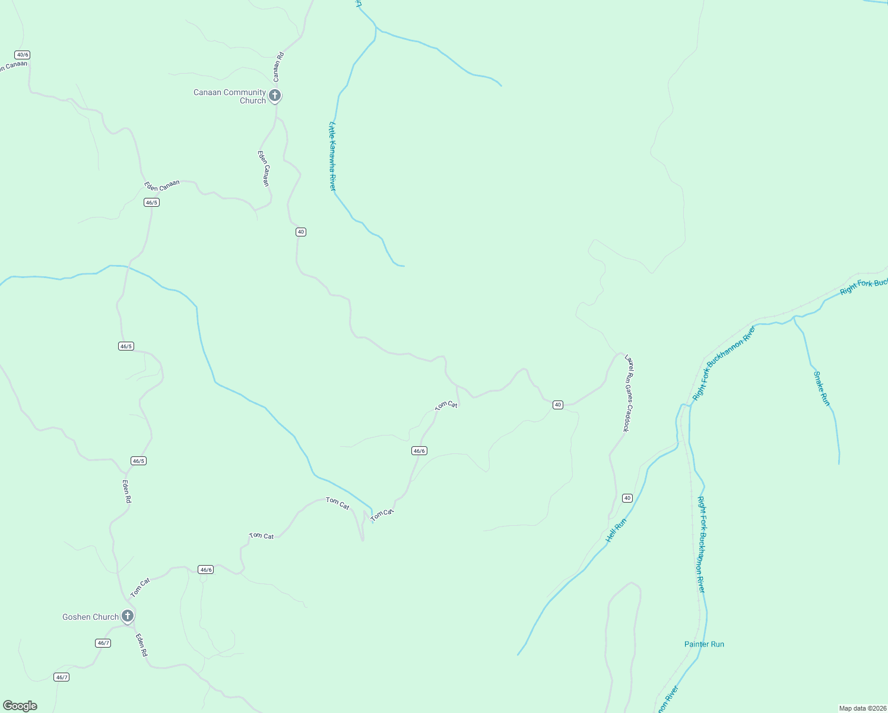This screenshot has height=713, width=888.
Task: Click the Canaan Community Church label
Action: (230, 96)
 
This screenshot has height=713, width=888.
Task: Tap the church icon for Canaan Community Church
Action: (274, 95)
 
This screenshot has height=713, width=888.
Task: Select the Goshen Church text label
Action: (90, 617)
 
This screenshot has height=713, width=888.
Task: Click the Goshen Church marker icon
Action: (127, 616)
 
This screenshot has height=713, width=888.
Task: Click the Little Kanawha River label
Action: (333, 156)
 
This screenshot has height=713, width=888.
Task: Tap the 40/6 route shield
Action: (23, 55)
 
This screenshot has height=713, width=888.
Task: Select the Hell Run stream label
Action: (616, 531)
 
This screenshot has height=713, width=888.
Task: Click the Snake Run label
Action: (822, 389)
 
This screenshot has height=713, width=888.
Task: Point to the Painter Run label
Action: (704, 644)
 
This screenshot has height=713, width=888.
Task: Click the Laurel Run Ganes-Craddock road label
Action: (629, 393)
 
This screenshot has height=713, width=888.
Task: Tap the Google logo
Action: (20, 706)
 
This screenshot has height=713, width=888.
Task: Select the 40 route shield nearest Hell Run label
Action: (627, 498)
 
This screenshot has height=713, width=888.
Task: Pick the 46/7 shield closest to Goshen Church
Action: (103, 643)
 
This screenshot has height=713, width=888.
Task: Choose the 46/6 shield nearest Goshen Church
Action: (206, 570)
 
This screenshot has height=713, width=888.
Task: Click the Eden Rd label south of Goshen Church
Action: (141, 645)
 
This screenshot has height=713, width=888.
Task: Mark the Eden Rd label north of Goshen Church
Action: (126, 491)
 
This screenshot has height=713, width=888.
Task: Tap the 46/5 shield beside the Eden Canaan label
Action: (151, 203)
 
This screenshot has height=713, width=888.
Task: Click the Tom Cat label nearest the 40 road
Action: (446, 405)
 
